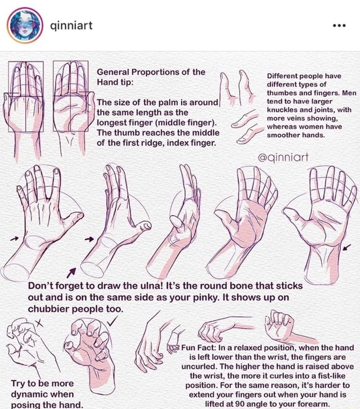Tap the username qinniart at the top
point(71,25)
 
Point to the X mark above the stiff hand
point(39,322)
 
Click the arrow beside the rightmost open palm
point(347,246)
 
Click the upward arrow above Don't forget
point(70,272)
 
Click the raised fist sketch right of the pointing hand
point(280,325)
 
